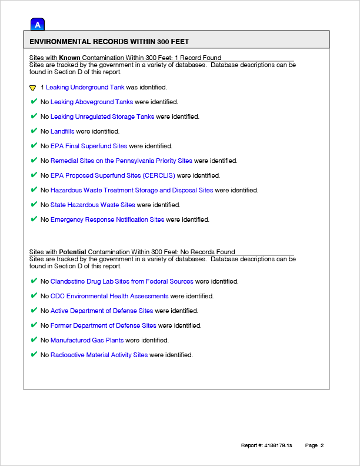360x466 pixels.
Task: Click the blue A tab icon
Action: [38, 25]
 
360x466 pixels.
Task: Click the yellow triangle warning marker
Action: [33, 88]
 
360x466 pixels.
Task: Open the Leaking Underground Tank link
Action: [85, 87]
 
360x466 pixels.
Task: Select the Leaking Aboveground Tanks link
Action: [92, 102]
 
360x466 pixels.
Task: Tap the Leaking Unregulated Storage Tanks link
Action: [102, 116]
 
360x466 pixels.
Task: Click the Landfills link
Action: [62, 131]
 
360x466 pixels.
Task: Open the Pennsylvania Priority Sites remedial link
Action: [121, 161]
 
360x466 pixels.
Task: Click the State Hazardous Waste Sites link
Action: [93, 205]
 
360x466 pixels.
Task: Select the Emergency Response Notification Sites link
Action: [108, 219]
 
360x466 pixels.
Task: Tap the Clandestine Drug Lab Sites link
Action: [122, 281]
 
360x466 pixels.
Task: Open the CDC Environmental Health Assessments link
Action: [109, 296]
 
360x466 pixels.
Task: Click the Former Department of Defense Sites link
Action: [104, 325]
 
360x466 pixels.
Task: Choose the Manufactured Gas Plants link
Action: [87, 340]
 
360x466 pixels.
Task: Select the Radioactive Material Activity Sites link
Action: [99, 355]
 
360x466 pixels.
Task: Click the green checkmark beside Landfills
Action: [34, 131]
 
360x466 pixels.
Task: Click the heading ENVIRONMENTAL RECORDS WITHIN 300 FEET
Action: [109, 42]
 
